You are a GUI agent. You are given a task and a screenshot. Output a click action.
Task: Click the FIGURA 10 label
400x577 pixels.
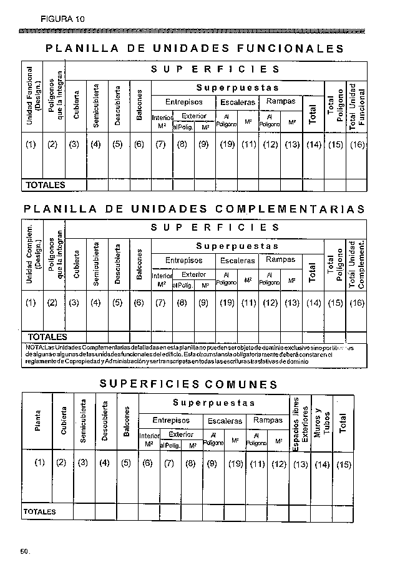62,19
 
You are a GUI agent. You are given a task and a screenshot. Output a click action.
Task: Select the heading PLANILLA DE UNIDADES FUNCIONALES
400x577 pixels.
195,48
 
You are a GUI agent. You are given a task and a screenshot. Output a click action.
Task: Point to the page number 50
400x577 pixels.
25,551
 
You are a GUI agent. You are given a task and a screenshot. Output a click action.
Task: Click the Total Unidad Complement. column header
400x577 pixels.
357,264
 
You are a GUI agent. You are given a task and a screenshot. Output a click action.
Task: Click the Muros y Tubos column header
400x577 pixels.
322,422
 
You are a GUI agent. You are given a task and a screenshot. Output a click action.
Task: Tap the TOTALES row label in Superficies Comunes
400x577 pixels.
39,512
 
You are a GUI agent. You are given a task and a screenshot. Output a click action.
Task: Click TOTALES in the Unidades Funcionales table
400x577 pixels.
45,185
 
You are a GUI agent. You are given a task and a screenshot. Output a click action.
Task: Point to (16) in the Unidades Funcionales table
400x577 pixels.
357,145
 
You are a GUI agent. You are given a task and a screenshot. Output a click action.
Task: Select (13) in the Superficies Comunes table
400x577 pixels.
300,464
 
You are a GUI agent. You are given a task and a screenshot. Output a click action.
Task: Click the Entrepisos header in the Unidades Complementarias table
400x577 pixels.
183,260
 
